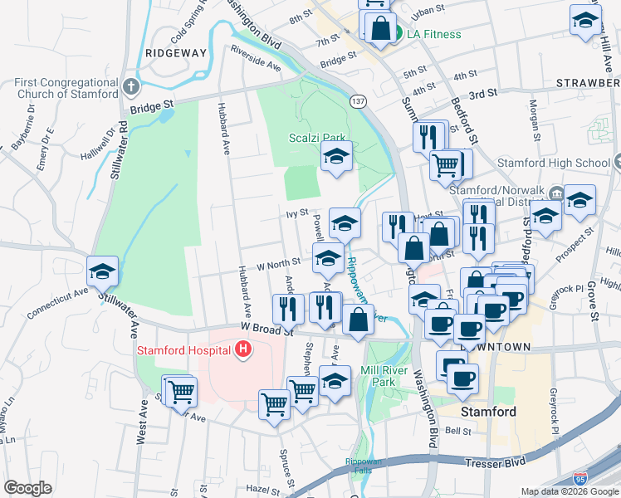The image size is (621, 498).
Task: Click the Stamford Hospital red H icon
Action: coord(243,350)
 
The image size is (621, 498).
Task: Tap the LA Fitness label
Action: coord(432,34)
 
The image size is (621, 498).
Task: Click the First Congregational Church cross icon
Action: coord(131,86)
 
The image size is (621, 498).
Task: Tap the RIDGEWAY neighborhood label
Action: coord(174,52)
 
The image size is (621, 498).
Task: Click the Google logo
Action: coord(27,488)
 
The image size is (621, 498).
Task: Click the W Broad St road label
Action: coord(267,330)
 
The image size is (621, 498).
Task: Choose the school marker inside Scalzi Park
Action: coord(336,155)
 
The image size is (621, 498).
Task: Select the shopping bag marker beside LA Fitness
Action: coord(379,27)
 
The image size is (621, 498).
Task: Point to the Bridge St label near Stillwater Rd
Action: coord(151,106)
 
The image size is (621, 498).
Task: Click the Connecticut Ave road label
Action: coord(57,303)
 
